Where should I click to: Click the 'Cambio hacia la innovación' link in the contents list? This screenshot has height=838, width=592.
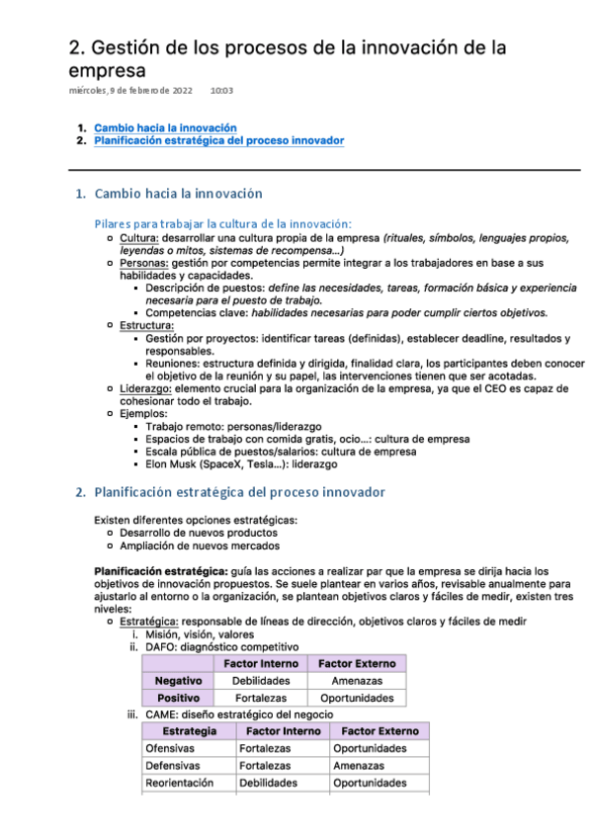click(165, 127)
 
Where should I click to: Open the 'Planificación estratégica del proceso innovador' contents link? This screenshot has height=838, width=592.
click(218, 141)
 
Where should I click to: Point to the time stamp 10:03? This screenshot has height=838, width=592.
click(221, 91)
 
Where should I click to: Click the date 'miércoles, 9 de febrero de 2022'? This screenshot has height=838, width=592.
click(130, 91)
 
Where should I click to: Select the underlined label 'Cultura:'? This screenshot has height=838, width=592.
click(139, 238)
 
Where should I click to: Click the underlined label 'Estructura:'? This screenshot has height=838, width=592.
click(147, 325)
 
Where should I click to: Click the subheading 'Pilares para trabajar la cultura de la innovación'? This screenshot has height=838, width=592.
click(222, 223)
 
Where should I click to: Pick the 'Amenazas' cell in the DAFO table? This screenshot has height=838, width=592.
click(357, 681)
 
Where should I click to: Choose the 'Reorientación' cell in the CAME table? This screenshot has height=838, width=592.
click(179, 783)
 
